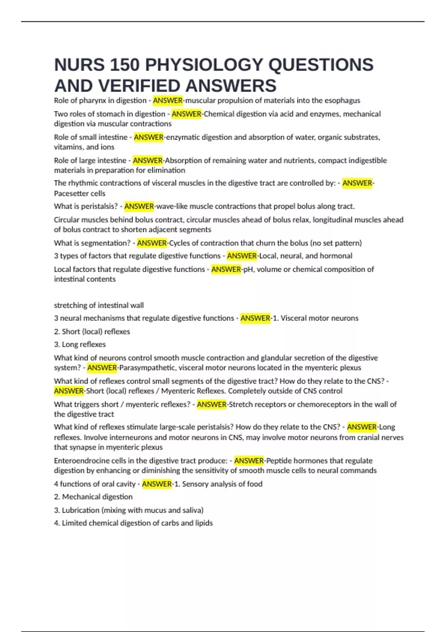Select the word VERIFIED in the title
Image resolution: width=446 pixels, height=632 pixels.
[x=140, y=86]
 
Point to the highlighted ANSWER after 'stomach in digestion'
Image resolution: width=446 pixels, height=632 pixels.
[x=186, y=114]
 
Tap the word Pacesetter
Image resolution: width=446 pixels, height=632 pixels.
[x=70, y=193]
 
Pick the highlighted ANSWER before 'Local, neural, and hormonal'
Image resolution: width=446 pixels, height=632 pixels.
[x=242, y=256]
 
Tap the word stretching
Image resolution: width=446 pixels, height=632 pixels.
[x=70, y=305]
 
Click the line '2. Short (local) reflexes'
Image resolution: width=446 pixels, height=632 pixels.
[x=92, y=332]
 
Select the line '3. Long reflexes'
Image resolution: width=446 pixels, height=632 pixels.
[x=80, y=345]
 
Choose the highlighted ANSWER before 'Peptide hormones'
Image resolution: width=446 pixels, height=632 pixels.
[x=249, y=461]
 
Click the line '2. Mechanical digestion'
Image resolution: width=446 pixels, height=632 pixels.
[x=93, y=497]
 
